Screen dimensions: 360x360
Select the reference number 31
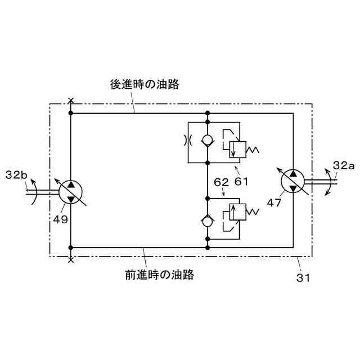(303, 277)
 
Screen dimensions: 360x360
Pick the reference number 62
(220, 182)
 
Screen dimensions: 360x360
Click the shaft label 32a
(343, 165)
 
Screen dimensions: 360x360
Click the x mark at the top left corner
(71, 101)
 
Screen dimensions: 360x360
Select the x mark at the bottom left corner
(71, 260)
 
